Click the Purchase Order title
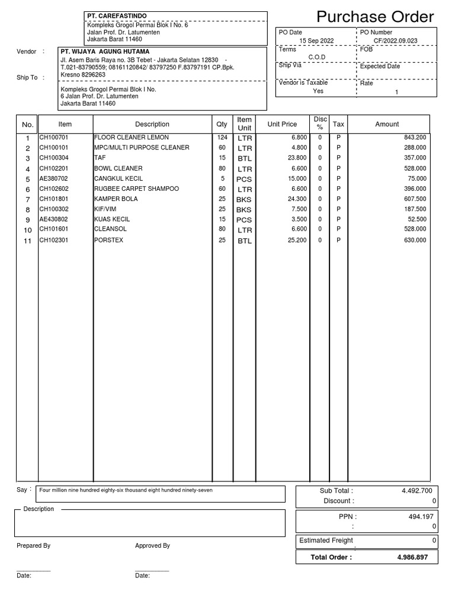pyautogui.click(x=374, y=17)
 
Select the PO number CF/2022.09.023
pyautogui.click(x=396, y=41)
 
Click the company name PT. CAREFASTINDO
pyautogui.click(x=117, y=15)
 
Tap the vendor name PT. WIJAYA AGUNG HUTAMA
pyautogui.click(x=105, y=52)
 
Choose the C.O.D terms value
pyautogui.click(x=316, y=57)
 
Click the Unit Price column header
pyautogui.click(x=282, y=124)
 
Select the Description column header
pyautogui.click(x=152, y=124)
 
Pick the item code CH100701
pyautogui.click(x=54, y=138)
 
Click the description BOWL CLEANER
pyautogui.click(x=118, y=168)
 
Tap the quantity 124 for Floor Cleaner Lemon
pyautogui.click(x=222, y=138)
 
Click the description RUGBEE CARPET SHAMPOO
pyautogui.click(x=136, y=189)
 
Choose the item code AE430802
pyautogui.click(x=54, y=219)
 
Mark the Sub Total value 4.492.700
pyautogui.click(x=416, y=491)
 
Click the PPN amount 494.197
pyautogui.click(x=422, y=517)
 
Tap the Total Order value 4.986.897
pyautogui.click(x=416, y=558)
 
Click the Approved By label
pyautogui.click(x=152, y=546)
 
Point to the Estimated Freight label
pyautogui.click(x=326, y=541)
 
